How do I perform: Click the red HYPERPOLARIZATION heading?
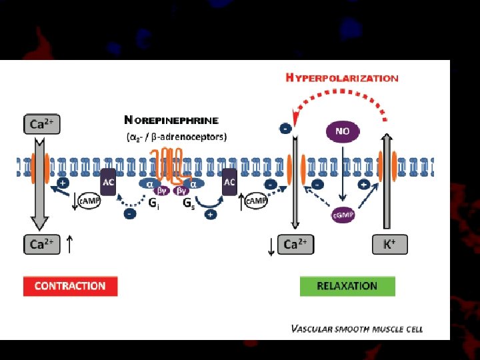(x=342, y=77)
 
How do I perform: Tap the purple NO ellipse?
(x=342, y=131)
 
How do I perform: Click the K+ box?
(x=389, y=245)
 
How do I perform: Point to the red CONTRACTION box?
(x=70, y=286)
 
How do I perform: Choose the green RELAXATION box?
(x=347, y=286)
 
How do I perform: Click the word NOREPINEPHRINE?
(x=171, y=121)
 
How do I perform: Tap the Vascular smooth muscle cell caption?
(x=357, y=329)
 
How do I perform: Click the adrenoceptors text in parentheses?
(x=177, y=137)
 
